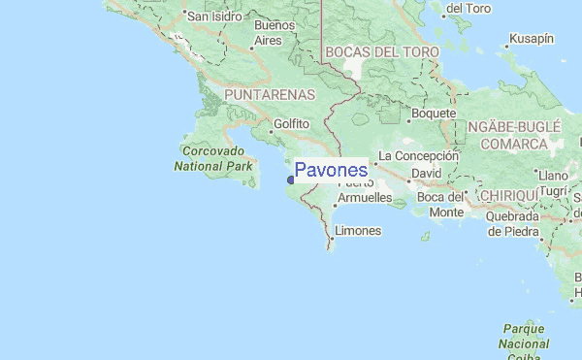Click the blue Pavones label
(331, 171)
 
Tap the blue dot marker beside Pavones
(290, 179)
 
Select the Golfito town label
(291, 124)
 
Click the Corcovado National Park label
(212, 159)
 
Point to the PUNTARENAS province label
(269, 95)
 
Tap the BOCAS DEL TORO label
(382, 51)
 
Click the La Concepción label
(418, 155)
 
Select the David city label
(426, 173)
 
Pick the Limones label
(357, 231)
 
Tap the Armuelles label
(364, 198)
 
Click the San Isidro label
(213, 16)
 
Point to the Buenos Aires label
(267, 33)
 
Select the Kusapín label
(533, 38)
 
